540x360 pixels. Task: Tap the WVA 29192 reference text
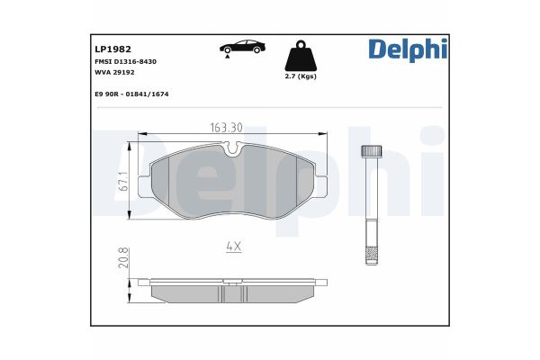[x=115, y=74]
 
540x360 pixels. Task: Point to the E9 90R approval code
[x=131, y=94]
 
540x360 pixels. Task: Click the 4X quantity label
[x=233, y=245]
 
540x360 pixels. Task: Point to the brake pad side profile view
[x=233, y=288]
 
